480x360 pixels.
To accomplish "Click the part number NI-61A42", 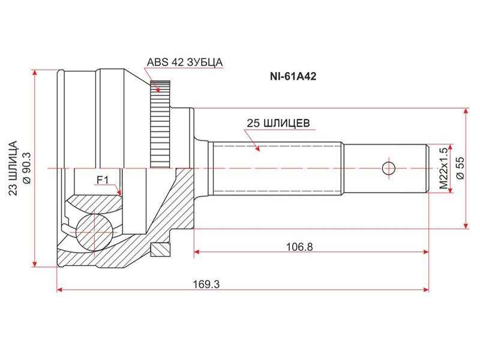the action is point(293,76).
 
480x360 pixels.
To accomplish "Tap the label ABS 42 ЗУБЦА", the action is point(185,62).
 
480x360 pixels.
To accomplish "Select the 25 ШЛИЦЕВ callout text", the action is point(278,123).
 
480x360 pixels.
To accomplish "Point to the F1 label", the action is point(103,180).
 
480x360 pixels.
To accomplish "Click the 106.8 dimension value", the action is point(299,247).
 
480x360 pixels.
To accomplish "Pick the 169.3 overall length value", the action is point(206,284).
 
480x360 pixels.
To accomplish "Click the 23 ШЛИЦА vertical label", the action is point(13,168).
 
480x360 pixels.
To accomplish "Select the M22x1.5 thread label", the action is point(443,168).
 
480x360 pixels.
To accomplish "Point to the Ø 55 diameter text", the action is point(460,168).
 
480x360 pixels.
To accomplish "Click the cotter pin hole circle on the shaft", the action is point(389,168).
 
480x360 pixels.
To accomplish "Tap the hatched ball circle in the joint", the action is point(94,232).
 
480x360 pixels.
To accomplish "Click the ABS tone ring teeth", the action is point(160,124).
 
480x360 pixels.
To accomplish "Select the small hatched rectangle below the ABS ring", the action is point(160,250).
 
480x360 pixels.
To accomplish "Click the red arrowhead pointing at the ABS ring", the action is point(157,89).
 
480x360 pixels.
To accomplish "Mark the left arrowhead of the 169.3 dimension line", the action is point(60,290).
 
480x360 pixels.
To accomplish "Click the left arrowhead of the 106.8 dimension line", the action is point(197,252).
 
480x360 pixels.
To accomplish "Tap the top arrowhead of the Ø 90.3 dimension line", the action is point(36,73).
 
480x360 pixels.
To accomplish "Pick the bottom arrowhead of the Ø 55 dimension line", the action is point(466,226).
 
